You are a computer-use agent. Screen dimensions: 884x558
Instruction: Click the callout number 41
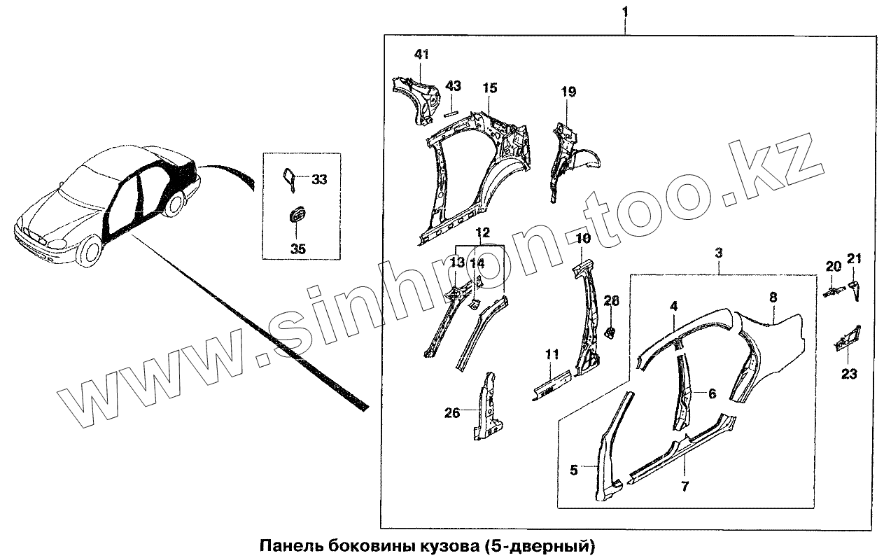[421, 55]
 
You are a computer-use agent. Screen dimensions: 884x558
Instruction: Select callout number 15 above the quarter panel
[489, 88]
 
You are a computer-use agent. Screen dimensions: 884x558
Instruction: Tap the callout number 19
[568, 92]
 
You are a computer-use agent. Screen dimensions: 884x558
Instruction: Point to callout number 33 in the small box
[318, 180]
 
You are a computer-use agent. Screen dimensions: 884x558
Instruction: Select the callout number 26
[452, 413]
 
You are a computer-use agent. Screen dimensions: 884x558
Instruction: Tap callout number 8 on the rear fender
[773, 298]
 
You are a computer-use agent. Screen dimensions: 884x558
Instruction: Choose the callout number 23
[848, 375]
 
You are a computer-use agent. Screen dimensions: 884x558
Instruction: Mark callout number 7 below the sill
[684, 486]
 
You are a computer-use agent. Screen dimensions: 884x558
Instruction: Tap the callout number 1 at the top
[624, 12]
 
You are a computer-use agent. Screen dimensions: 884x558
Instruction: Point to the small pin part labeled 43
[451, 109]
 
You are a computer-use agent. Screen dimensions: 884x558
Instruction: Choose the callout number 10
[583, 239]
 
